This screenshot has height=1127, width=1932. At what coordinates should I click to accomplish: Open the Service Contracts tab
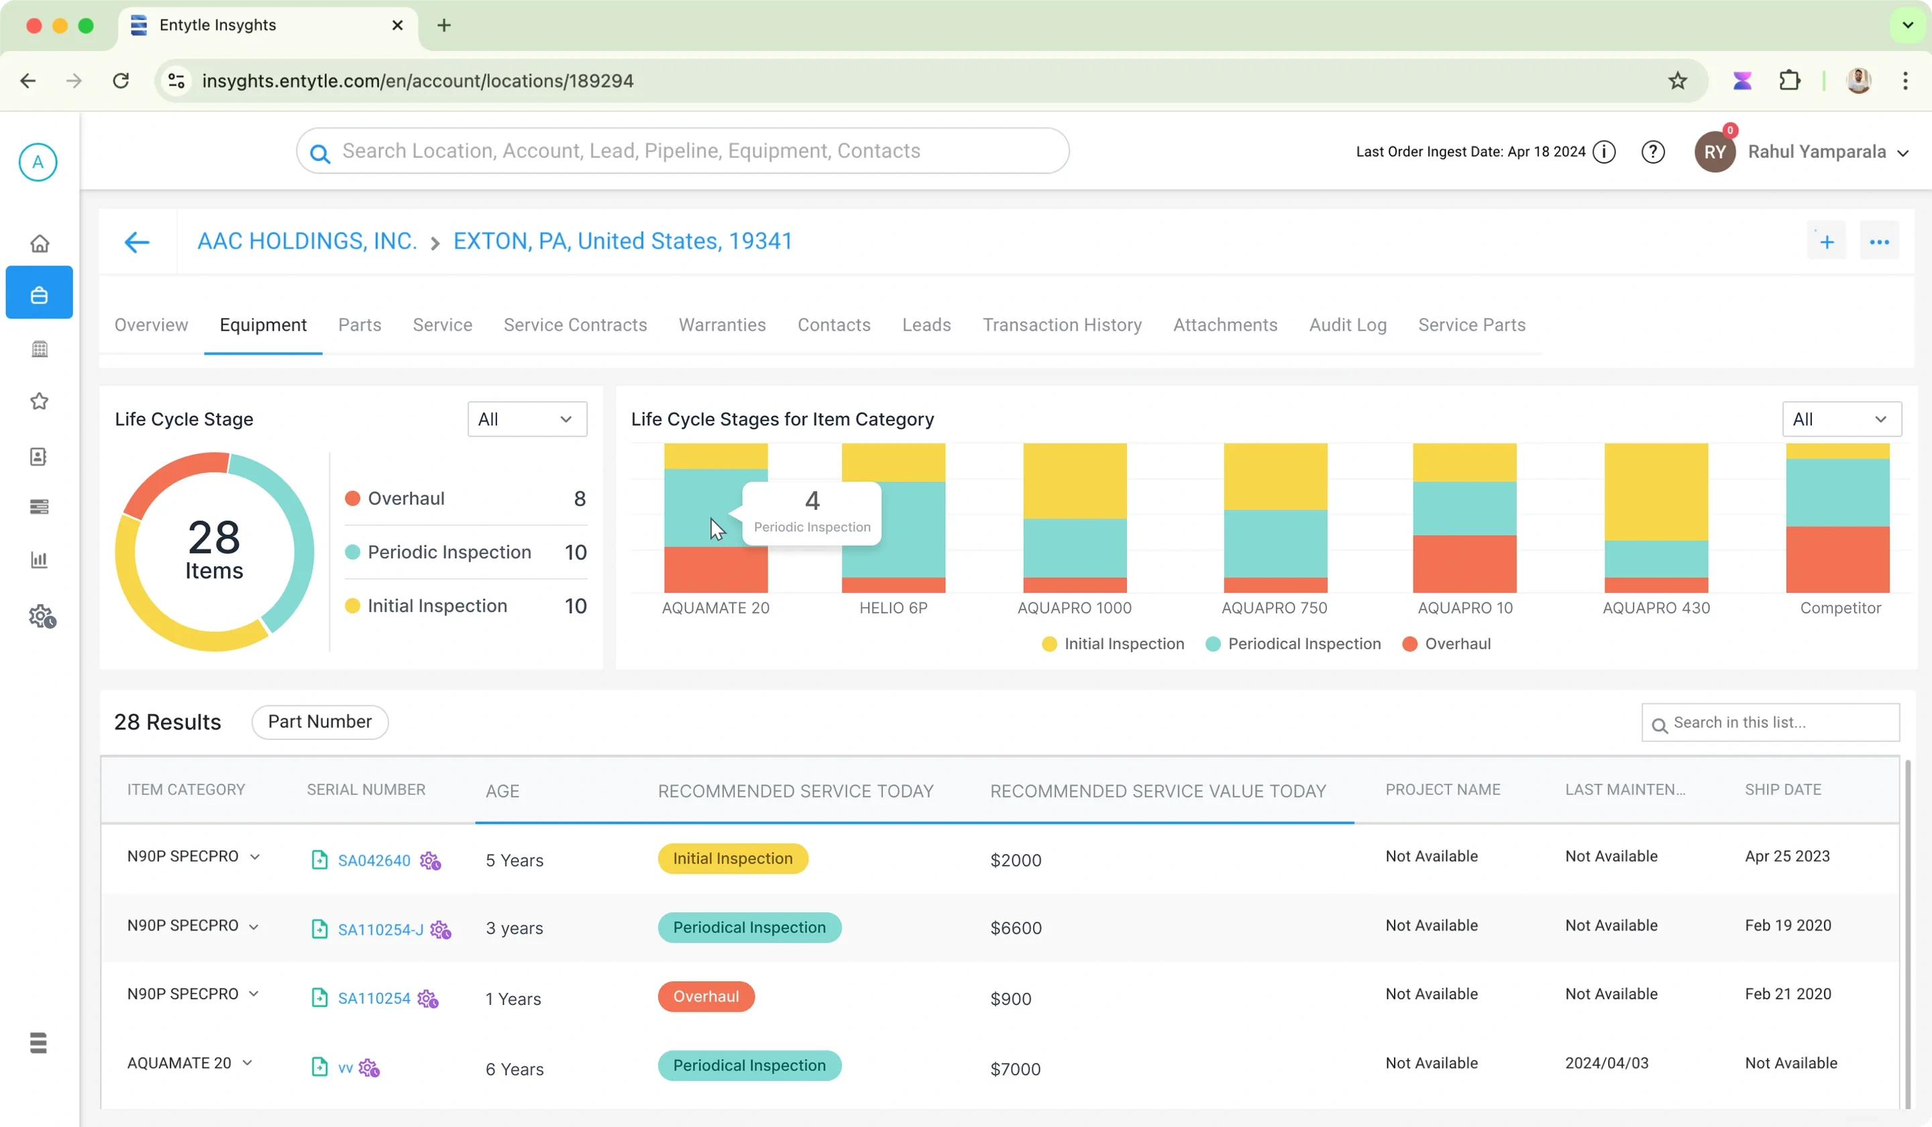click(x=575, y=325)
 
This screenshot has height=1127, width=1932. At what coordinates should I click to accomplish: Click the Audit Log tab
click(x=1348, y=325)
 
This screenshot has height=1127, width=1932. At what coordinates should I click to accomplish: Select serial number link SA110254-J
click(x=380, y=929)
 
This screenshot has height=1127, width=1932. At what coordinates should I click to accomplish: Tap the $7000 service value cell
click(x=1015, y=1069)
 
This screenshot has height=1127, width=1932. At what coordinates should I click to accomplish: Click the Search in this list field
click(x=1770, y=722)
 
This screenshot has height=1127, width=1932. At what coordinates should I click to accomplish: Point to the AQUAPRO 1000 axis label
click(x=1074, y=608)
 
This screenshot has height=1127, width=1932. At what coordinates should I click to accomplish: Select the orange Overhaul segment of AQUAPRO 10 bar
click(x=1464, y=563)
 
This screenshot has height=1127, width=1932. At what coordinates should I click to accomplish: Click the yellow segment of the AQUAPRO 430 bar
click(x=1656, y=492)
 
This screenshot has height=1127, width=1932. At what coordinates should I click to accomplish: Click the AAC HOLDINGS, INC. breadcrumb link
click(x=307, y=241)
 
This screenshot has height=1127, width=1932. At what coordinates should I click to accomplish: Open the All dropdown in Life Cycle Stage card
click(x=527, y=419)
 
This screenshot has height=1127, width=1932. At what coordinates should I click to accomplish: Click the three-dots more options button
click(x=1879, y=242)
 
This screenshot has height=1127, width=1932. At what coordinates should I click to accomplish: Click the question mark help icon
click(x=1653, y=152)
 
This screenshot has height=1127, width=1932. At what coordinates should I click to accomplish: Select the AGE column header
click(x=502, y=791)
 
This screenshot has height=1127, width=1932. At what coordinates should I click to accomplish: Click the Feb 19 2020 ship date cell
click(x=1788, y=925)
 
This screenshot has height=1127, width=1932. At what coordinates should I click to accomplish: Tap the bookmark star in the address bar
click(x=1678, y=80)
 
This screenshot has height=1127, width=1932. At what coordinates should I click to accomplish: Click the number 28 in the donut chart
click(x=214, y=537)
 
